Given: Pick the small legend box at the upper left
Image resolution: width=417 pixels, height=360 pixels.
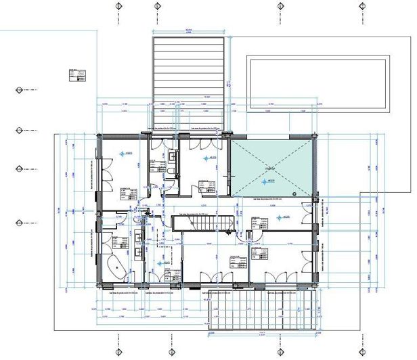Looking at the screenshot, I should pyautogui.click(x=77, y=74).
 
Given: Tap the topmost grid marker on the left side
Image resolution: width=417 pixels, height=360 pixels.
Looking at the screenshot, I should pyautogui.click(x=18, y=89).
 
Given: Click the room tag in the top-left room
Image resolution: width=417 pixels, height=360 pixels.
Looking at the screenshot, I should pyautogui.click(x=126, y=192).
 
